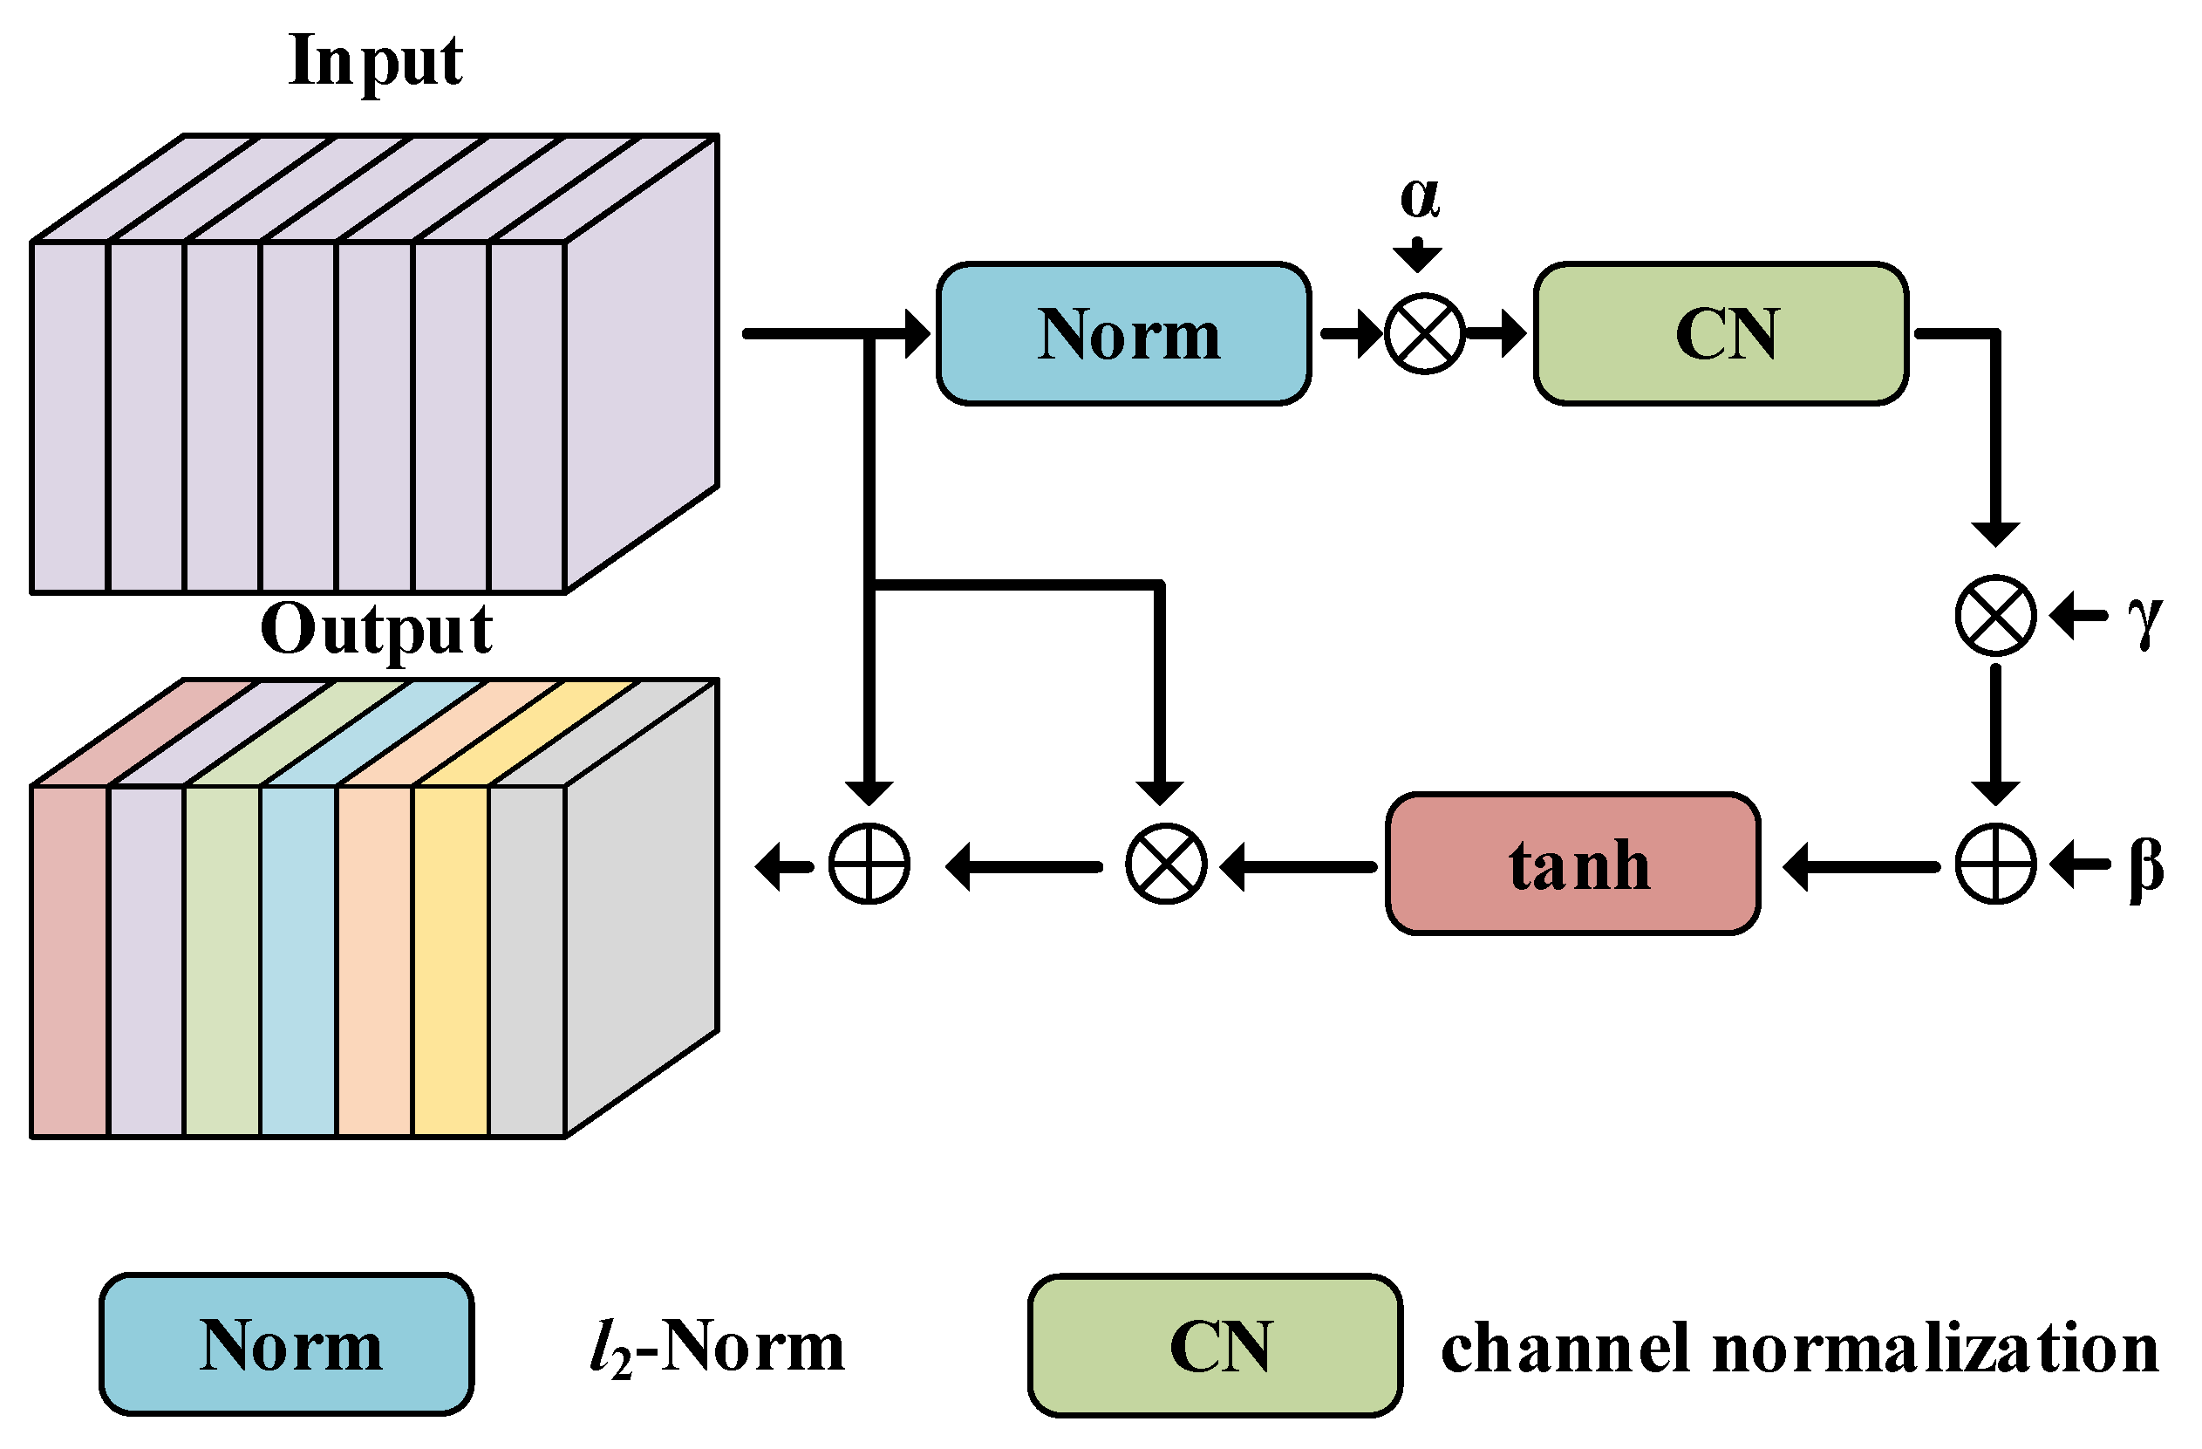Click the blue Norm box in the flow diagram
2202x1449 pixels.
tap(1123, 333)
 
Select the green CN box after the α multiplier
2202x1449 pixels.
tap(1721, 333)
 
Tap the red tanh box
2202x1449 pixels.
tap(1573, 865)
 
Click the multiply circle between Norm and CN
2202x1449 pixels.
tap(1425, 333)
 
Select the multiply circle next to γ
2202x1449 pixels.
tap(1995, 615)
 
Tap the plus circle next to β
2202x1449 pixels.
tap(1995, 865)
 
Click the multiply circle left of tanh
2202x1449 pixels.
tap(1166, 865)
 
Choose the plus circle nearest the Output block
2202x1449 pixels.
tap(869, 865)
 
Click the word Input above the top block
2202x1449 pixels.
tap(375, 61)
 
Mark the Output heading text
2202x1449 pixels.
tap(376, 630)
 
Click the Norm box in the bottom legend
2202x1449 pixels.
tap(287, 1345)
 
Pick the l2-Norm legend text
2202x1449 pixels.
tap(717, 1347)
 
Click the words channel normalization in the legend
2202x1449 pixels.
tap(1799, 1347)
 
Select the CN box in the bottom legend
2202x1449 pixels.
tap(1215, 1345)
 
